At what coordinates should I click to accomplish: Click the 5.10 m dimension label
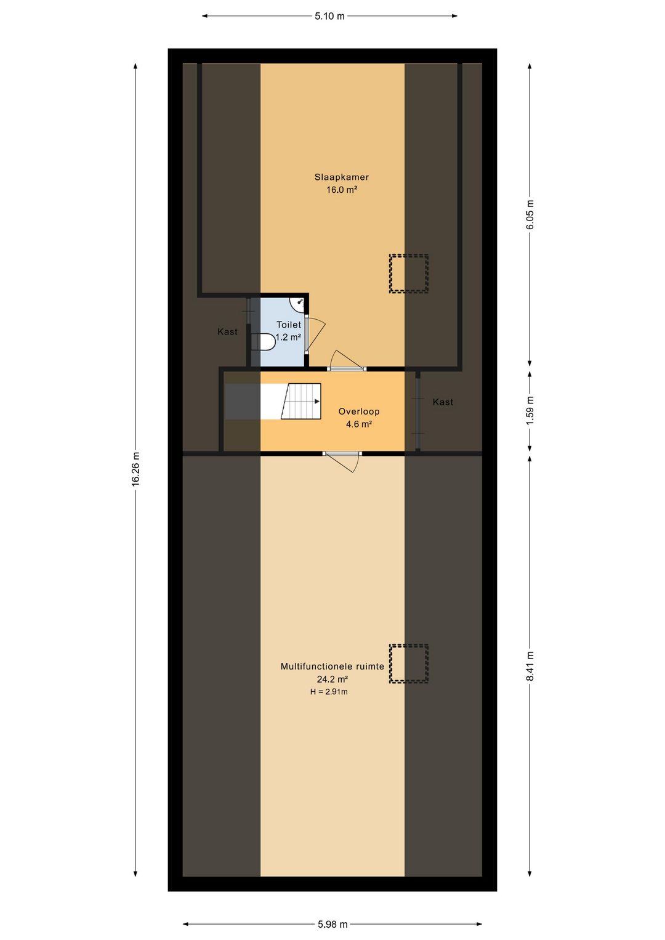pos(329,17)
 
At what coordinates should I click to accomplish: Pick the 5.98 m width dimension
pos(332,923)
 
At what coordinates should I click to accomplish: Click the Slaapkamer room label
pos(342,177)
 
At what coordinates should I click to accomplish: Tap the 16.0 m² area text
pos(342,190)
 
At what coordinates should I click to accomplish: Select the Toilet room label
pos(289,325)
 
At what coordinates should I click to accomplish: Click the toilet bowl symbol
pos(264,341)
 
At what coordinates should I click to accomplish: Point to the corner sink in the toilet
pos(297,304)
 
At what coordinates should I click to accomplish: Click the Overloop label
pos(359,411)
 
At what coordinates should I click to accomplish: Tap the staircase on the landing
pos(301,402)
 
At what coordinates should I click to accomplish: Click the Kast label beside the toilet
pos(227,332)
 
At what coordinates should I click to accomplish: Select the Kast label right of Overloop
pos(443,402)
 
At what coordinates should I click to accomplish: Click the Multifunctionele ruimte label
pos(332,667)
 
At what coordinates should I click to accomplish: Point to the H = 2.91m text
pos(329,692)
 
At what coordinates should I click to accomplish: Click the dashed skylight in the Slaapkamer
pos(409,273)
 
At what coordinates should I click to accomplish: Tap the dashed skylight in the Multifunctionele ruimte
pos(409,664)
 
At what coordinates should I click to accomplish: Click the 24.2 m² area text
pos(332,679)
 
